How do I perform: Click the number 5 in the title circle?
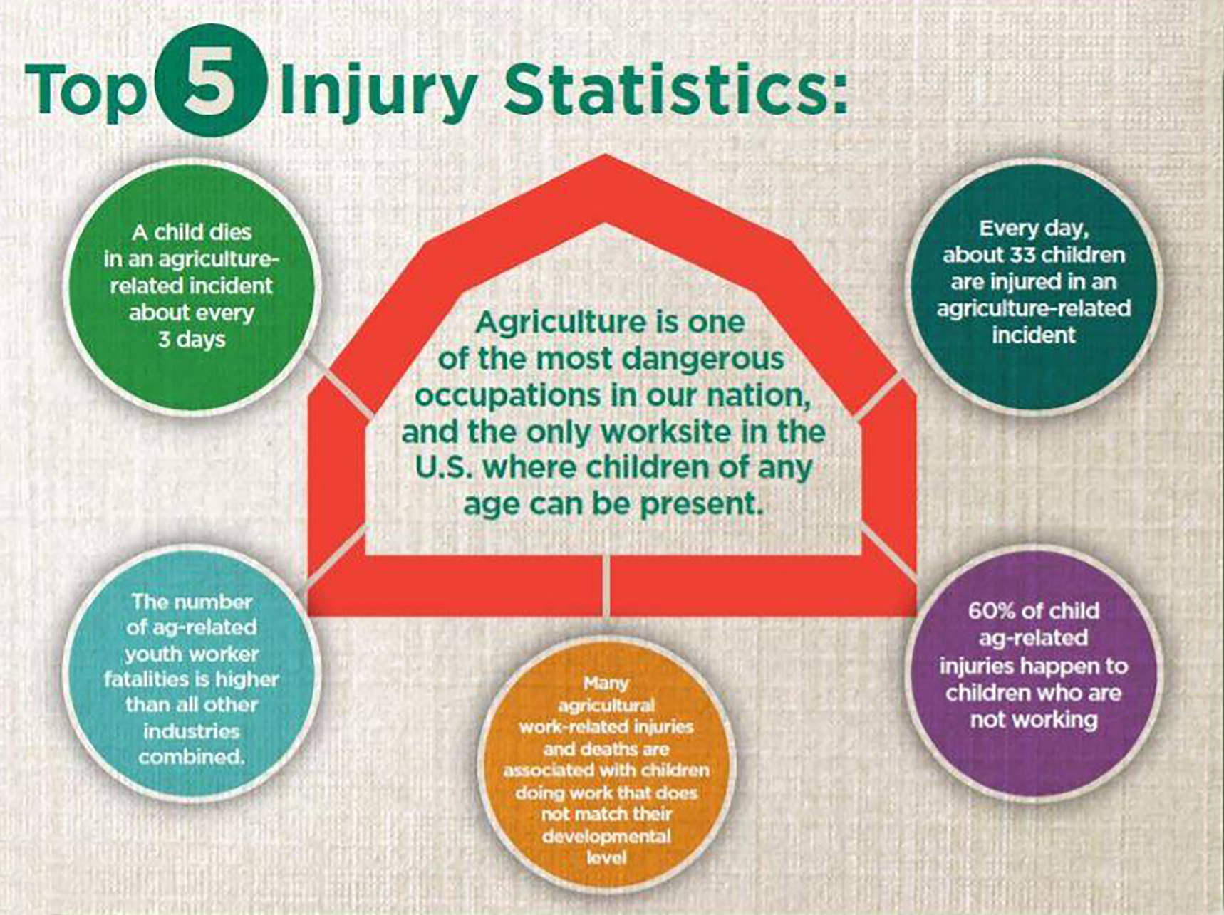(208, 80)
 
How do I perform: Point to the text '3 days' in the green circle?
(192, 340)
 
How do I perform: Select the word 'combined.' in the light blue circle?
(192, 756)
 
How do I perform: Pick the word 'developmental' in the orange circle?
(606, 835)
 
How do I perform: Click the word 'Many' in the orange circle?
(606, 684)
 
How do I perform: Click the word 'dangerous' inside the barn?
(702, 359)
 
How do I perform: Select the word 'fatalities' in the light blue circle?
(146, 679)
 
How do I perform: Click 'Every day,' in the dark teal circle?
(1033, 229)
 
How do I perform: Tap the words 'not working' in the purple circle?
(1033, 720)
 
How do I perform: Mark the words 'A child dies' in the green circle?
(192, 232)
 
